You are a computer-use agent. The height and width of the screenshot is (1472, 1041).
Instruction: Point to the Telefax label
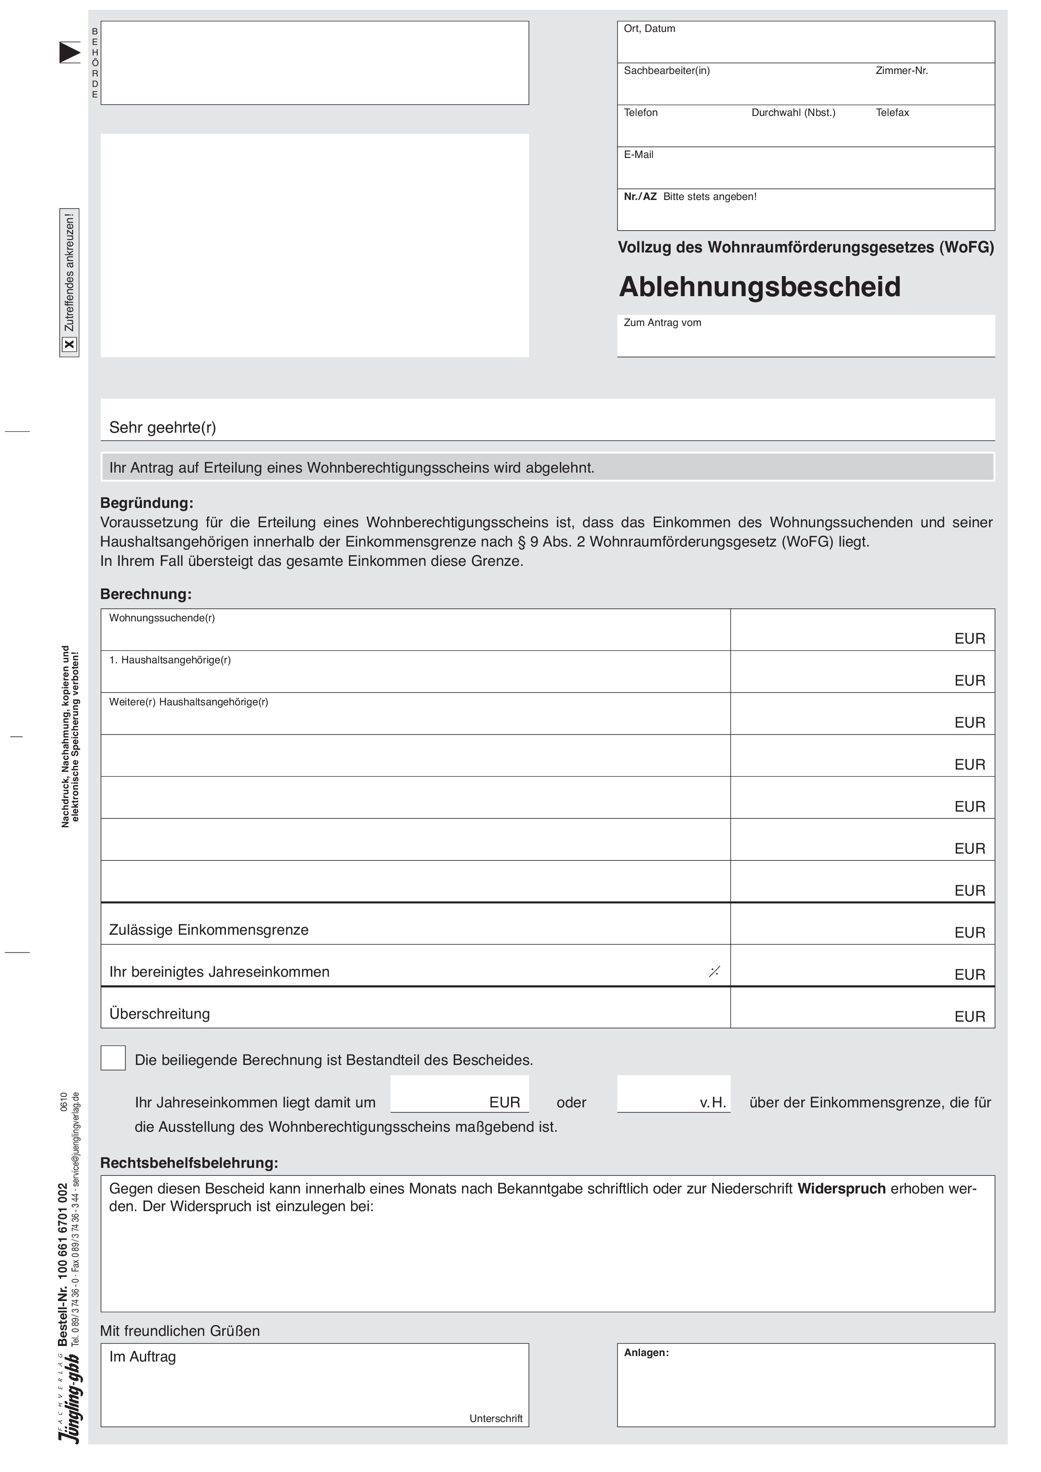point(892,113)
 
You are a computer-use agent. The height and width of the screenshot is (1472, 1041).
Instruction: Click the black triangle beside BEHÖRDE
point(69,53)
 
